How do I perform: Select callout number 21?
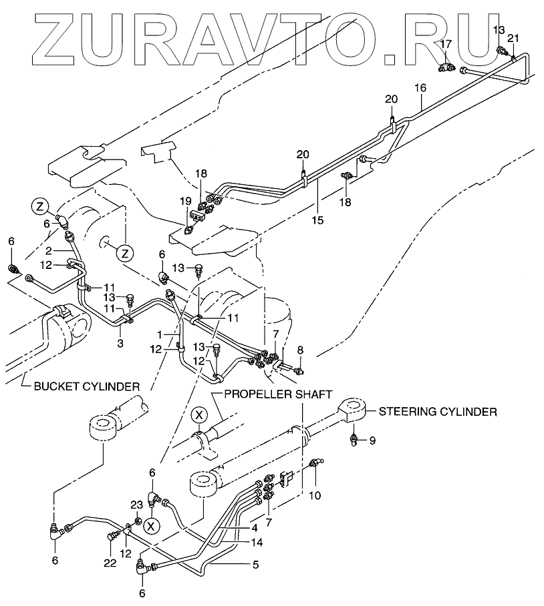(x=513, y=38)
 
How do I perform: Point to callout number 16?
(x=420, y=87)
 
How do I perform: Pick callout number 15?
(x=318, y=219)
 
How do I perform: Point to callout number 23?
(x=136, y=505)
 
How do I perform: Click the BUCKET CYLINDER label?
(x=84, y=386)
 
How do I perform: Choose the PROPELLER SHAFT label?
(x=278, y=394)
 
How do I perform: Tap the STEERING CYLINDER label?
(x=437, y=412)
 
